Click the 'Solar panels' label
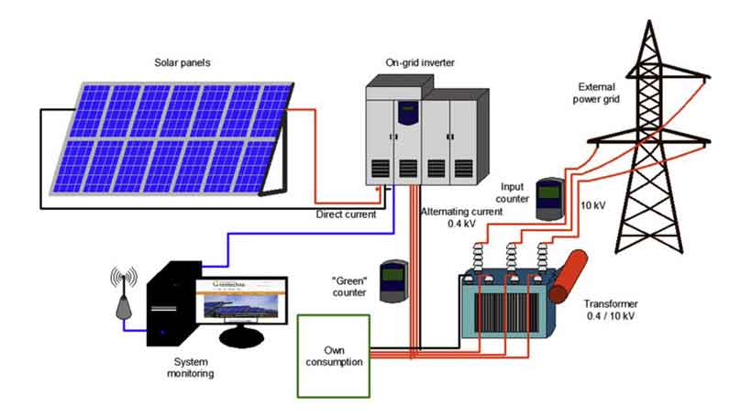[183, 63]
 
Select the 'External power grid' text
[602, 93]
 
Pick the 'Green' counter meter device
[394, 280]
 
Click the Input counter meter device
[547, 200]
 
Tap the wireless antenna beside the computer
[122, 294]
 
